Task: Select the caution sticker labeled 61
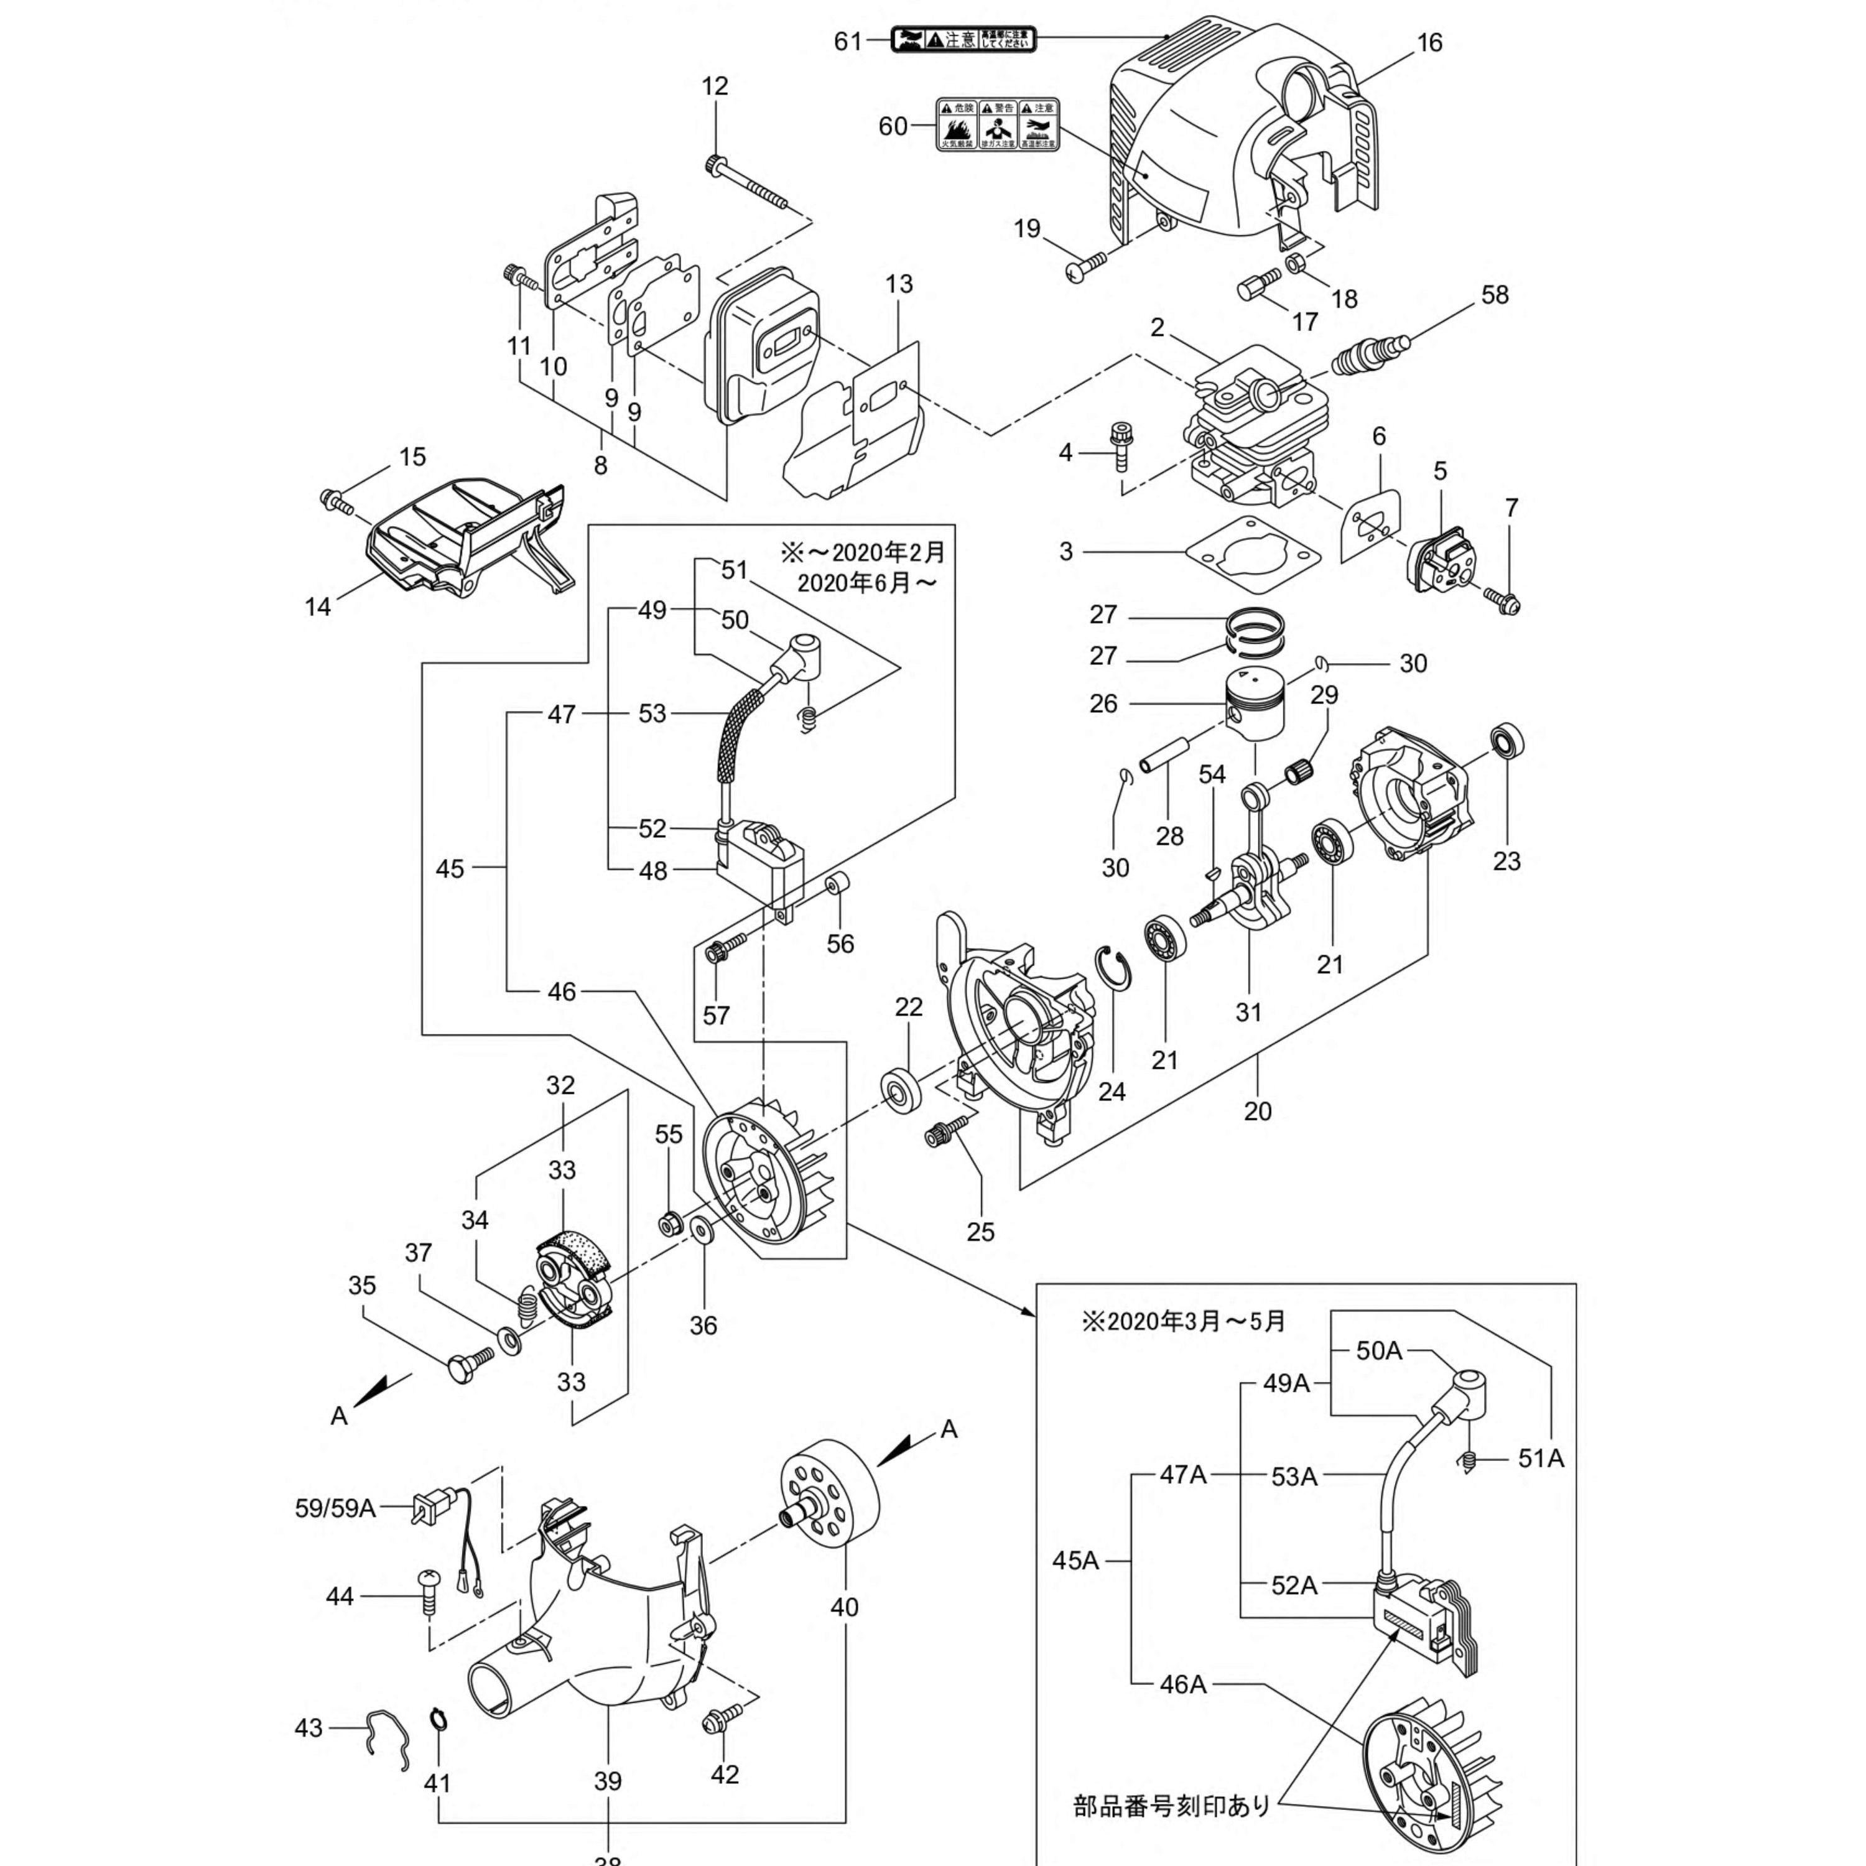click(x=963, y=40)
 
